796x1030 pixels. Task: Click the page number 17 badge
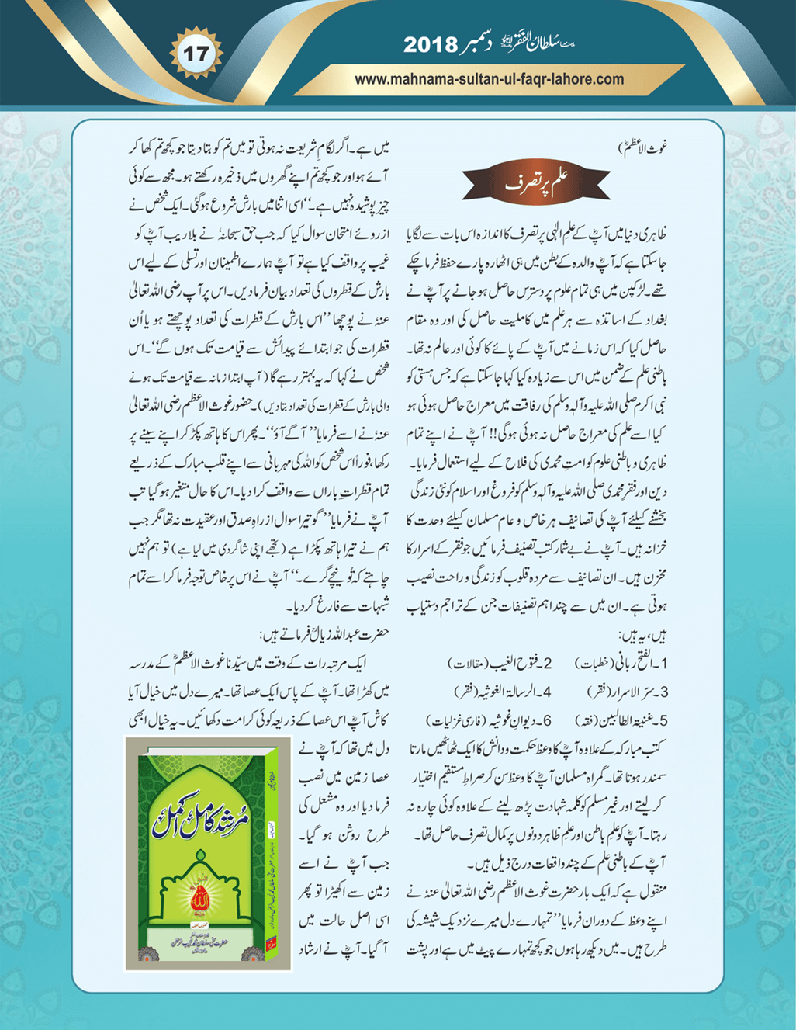pyautogui.click(x=196, y=54)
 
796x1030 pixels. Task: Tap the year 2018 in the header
pyautogui.click(x=430, y=45)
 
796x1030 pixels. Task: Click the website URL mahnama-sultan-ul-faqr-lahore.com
pyautogui.click(x=489, y=79)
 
